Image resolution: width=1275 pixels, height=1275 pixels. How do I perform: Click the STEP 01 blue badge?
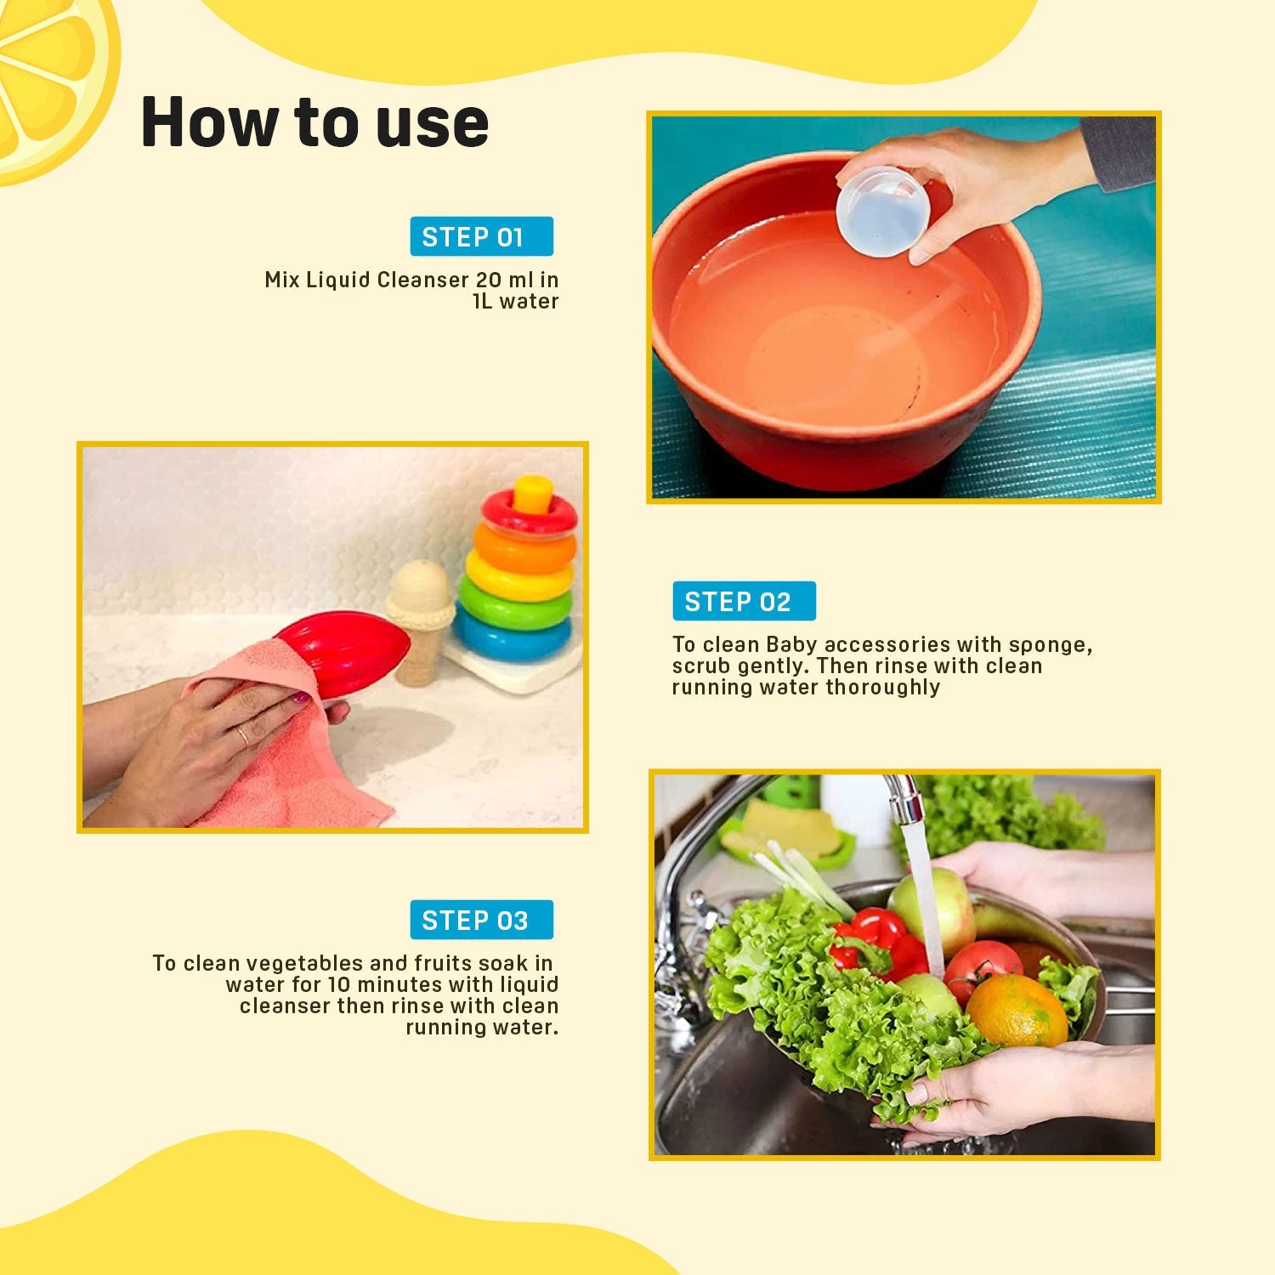[x=481, y=236]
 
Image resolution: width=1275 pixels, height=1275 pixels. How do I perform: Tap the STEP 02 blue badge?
[x=744, y=601]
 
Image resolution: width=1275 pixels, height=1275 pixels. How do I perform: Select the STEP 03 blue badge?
[x=481, y=920]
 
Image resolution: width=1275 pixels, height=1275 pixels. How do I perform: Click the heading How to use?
[x=314, y=122]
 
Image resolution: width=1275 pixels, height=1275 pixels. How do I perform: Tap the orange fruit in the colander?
[x=1016, y=1011]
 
